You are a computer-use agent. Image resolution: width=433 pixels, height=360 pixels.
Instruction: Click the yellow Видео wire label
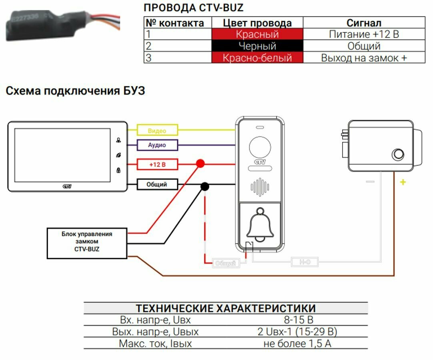(157, 130)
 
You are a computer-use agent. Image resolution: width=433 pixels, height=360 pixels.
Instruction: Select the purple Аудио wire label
(157, 145)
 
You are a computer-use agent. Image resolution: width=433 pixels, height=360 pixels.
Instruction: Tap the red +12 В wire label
(157, 164)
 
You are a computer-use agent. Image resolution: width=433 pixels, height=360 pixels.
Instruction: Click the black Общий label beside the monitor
(157, 184)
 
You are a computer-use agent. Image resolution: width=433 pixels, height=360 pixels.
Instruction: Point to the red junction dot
(200, 163)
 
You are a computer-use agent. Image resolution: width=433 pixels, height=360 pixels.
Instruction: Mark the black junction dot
(204, 186)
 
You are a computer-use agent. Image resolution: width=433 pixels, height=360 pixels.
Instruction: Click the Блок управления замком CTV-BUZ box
(87, 243)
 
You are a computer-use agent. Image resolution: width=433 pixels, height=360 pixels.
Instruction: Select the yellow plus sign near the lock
(403, 182)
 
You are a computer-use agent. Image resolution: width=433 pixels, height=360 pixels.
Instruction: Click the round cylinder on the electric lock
(398, 154)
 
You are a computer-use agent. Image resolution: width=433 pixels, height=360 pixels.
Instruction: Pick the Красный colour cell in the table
(257, 34)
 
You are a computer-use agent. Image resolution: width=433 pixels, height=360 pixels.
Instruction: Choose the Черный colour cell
(257, 46)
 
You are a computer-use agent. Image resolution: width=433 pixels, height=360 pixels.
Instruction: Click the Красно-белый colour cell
(257, 58)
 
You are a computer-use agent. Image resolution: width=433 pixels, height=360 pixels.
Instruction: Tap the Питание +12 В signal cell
(364, 34)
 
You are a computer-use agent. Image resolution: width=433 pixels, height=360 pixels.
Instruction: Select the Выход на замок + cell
(364, 58)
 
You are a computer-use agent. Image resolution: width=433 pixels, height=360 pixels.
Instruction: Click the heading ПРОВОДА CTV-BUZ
(193, 8)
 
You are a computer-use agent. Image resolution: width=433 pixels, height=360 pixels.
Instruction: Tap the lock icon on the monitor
(118, 170)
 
